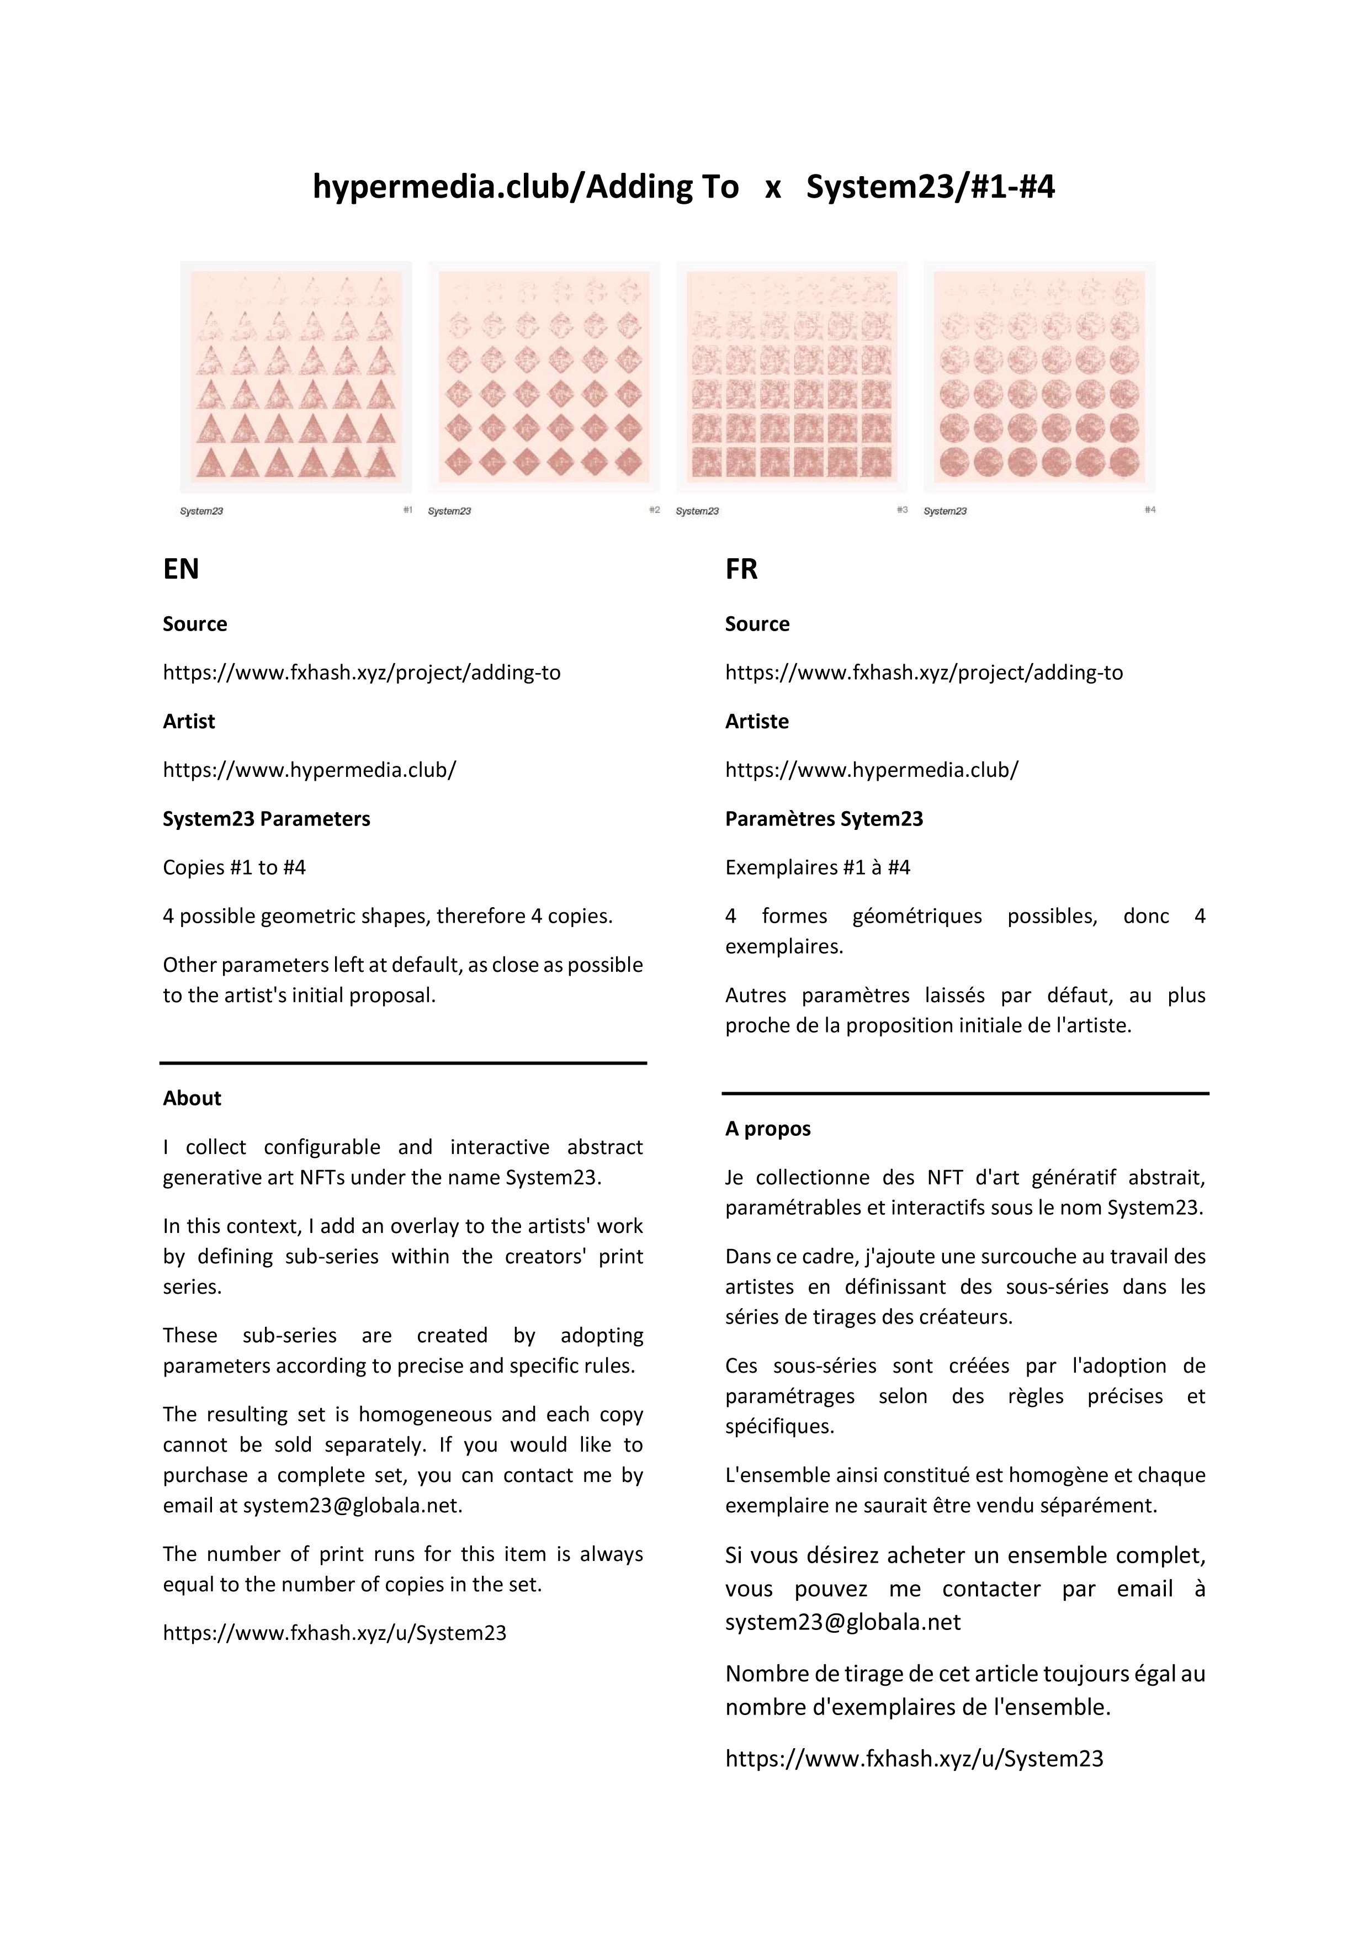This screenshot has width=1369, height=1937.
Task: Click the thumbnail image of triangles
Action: coord(296,376)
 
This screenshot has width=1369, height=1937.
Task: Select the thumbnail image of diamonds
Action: coord(544,376)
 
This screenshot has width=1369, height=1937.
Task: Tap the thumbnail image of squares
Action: coord(791,376)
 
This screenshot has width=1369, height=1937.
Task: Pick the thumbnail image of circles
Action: coord(1039,376)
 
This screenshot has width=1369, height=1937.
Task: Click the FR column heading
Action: coord(741,569)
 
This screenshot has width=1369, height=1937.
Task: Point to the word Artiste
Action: coord(757,721)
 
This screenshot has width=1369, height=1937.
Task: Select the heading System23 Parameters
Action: coord(267,818)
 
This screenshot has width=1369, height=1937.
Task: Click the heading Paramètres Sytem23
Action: coord(824,818)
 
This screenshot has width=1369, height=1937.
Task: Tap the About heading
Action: coord(192,1098)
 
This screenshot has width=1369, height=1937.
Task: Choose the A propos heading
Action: coord(768,1128)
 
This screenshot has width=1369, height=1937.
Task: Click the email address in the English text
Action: coord(352,1505)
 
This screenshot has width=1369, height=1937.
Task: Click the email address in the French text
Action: coord(843,1622)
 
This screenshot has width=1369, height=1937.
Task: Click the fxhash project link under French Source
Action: coord(924,673)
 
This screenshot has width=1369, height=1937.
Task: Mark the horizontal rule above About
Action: coord(403,1063)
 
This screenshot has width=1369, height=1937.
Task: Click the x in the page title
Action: coord(773,187)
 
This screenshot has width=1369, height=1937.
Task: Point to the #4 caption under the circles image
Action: coord(1150,510)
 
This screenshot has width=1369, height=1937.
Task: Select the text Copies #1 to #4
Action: coord(235,867)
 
